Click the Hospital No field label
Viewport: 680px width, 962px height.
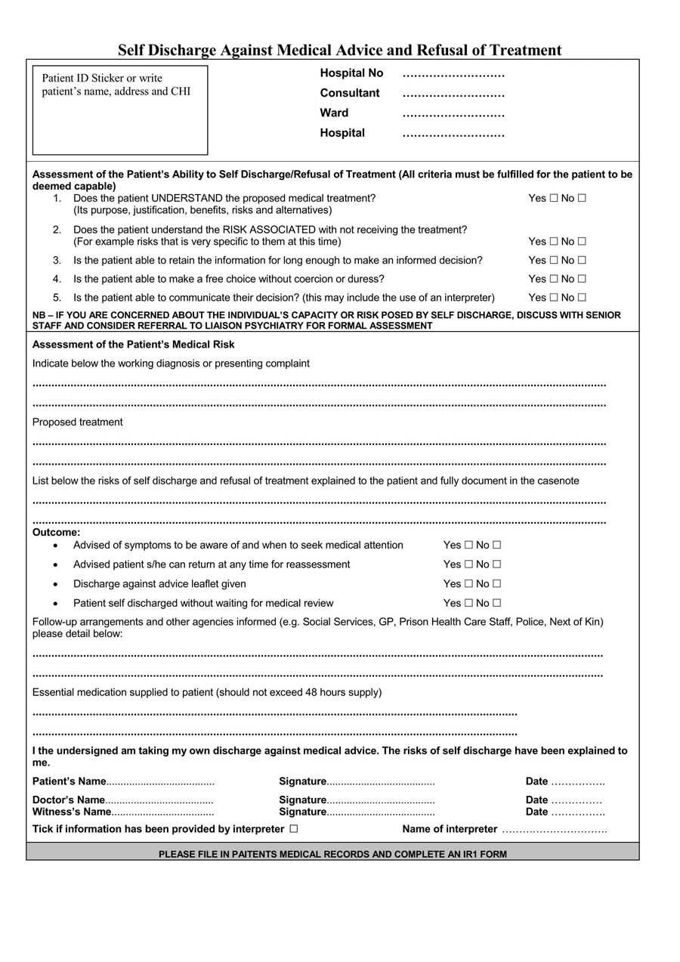pos(351,73)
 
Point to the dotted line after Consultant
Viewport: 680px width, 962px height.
pos(453,94)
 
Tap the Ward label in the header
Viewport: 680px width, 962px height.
pos(334,113)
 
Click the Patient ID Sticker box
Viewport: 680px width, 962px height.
pos(120,110)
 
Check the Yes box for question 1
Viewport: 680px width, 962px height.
pos(554,199)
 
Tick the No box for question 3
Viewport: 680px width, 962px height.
pos(582,261)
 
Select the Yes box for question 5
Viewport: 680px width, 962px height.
pos(554,298)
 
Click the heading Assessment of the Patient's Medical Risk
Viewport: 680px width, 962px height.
pos(134,345)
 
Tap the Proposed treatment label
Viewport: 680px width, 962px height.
pos(77,422)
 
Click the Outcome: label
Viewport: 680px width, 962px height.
pos(56,533)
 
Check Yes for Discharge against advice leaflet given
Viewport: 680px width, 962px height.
pos(468,584)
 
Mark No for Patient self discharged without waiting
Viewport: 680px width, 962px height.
pos(496,604)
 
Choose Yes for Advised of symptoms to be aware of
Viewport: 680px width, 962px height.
pos(468,545)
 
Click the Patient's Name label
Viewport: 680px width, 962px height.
pos(69,781)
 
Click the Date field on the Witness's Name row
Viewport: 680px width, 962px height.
pos(578,812)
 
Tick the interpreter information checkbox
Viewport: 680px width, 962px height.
pos(293,829)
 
